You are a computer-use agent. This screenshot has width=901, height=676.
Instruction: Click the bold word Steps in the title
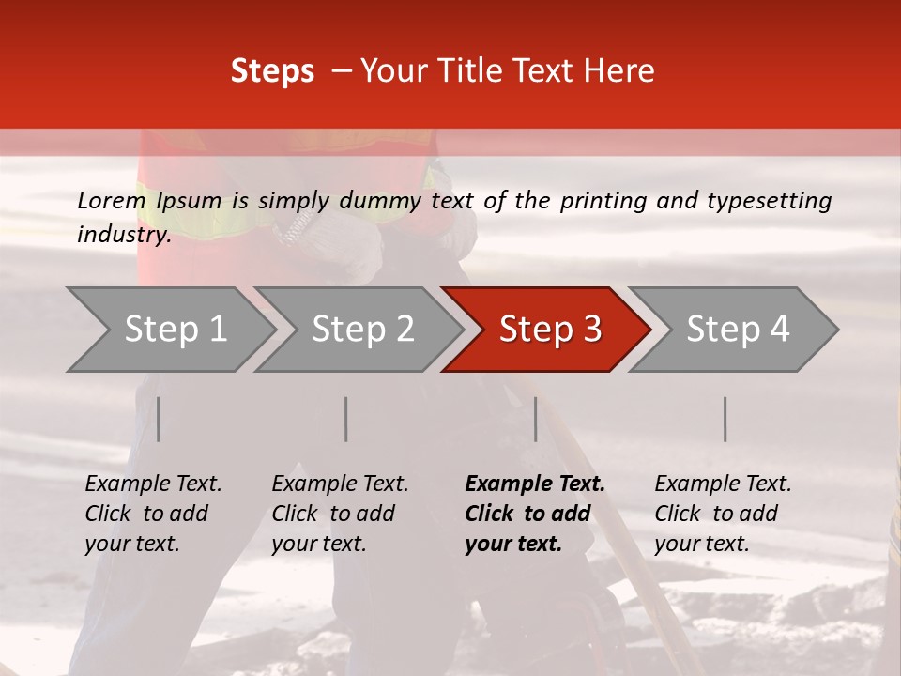(272, 71)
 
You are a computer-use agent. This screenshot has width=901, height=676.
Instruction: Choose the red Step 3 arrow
(550, 330)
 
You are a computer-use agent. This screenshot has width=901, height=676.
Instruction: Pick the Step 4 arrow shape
(738, 330)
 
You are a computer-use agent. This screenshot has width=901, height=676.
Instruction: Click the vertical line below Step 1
(159, 419)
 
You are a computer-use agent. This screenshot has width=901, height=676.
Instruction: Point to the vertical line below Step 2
(346, 419)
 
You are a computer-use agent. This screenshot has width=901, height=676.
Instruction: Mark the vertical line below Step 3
(536, 419)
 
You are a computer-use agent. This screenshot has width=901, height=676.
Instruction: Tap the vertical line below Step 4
(725, 419)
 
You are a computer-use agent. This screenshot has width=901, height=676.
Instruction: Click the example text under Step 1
(153, 514)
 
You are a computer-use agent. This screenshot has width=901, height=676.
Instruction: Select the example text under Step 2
(340, 514)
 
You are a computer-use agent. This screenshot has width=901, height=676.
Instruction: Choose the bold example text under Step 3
(534, 514)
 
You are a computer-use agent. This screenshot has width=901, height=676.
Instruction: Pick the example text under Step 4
(723, 514)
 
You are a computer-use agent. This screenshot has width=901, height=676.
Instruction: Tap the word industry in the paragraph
(123, 235)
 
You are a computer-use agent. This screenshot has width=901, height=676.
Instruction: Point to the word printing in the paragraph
(606, 201)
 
